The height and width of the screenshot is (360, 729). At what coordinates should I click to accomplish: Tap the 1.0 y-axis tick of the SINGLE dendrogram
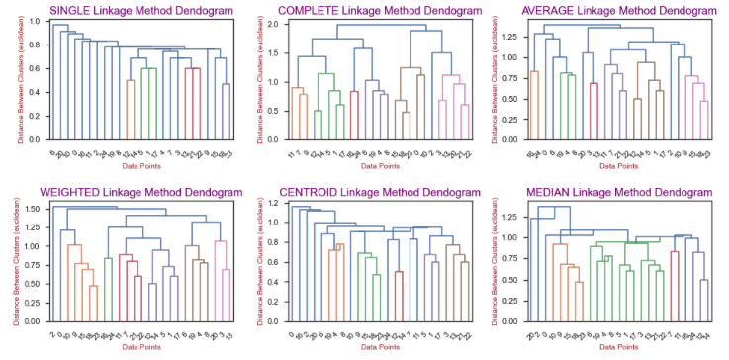[36, 21]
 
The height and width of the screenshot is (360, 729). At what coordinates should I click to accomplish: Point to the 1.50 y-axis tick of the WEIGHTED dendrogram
[34, 209]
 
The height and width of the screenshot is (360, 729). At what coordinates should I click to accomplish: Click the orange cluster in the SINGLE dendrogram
[130, 99]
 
